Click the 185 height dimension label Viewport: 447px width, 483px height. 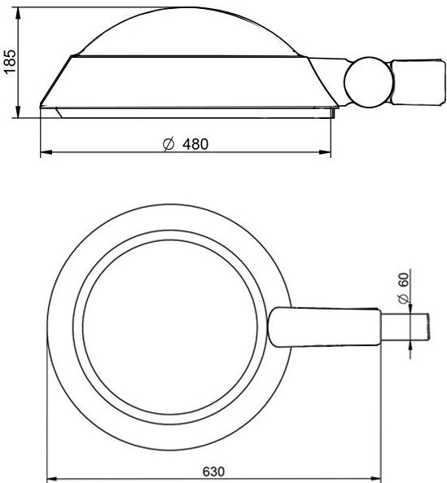pyautogui.click(x=10, y=61)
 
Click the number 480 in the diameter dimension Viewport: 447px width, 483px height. pyautogui.click(x=195, y=144)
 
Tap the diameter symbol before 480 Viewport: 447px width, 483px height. pyautogui.click(x=169, y=144)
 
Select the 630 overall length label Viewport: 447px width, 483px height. pyautogui.click(x=213, y=472)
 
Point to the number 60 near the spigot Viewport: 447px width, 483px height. pyautogui.click(x=404, y=279)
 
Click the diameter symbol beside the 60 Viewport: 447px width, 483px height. pyautogui.click(x=404, y=298)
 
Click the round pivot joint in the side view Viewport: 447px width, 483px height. pyautogui.click(x=368, y=82)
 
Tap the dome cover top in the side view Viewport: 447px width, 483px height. pyautogui.click(x=188, y=32)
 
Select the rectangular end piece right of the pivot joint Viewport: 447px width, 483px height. pyautogui.click(x=419, y=82)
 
